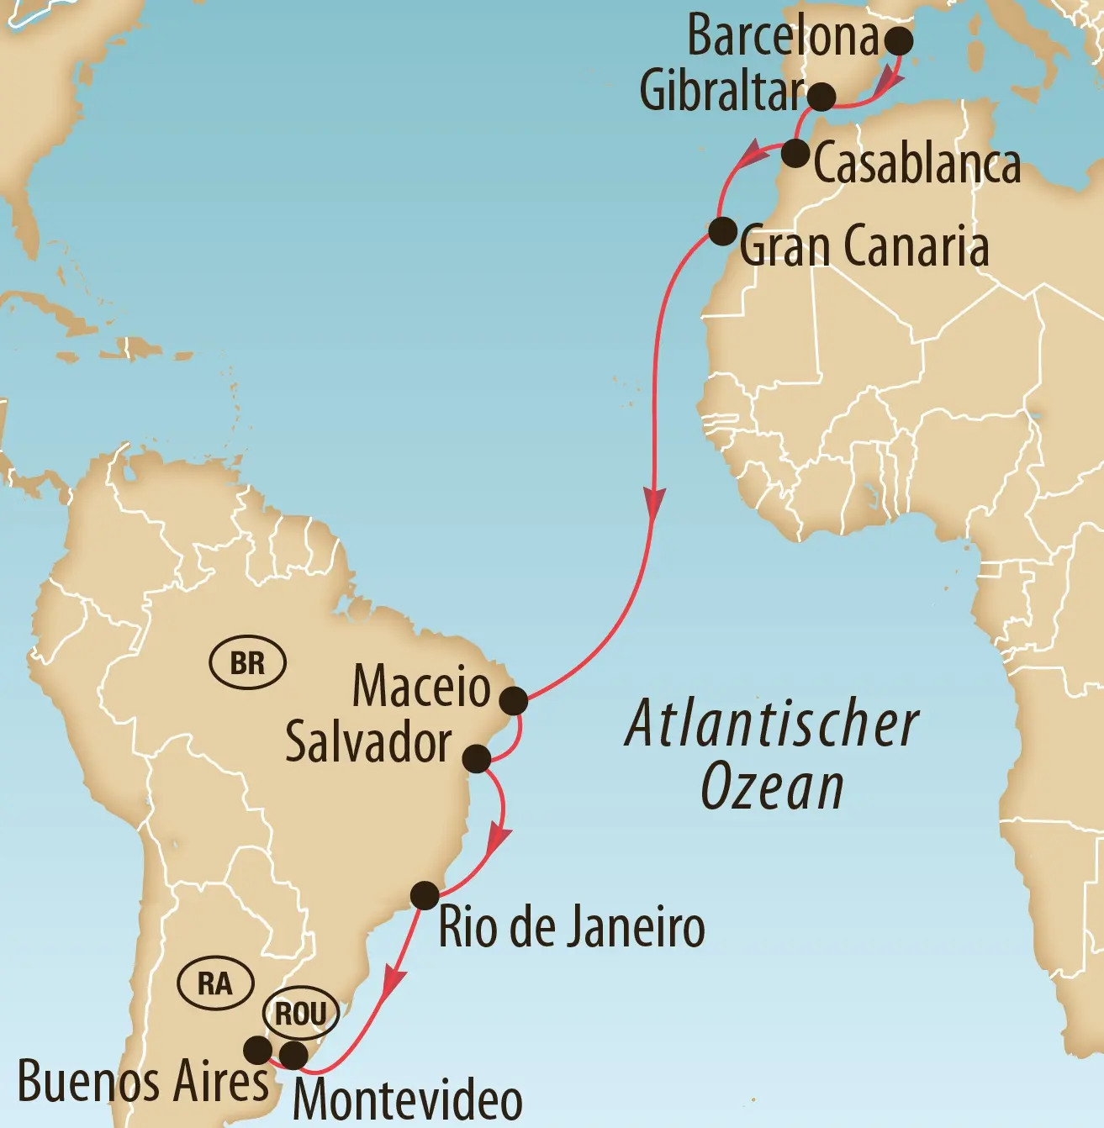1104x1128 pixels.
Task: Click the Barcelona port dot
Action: tap(899, 40)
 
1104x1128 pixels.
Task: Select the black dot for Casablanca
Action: tap(795, 154)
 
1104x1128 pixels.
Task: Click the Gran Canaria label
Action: tap(864, 246)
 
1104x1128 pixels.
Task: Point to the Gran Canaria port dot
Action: tap(723, 230)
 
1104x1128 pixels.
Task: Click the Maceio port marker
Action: tap(514, 699)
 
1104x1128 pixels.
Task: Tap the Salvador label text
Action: tap(368, 742)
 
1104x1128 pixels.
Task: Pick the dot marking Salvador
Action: tap(477, 758)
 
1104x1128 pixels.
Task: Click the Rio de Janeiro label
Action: tap(572, 927)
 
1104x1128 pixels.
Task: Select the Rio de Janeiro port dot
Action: tap(425, 895)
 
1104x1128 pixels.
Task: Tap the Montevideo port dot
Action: tap(293, 1055)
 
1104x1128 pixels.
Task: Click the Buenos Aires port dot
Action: tap(257, 1049)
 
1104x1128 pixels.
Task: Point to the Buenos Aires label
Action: tap(143, 1081)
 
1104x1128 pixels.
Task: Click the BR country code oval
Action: tap(247, 663)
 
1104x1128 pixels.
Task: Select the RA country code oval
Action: tap(215, 983)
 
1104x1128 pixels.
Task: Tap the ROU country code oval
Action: tap(301, 1014)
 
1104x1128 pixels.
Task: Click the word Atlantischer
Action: tap(772, 725)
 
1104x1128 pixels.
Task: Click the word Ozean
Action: tap(772, 788)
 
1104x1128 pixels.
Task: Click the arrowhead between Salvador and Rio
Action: tap(499, 839)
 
